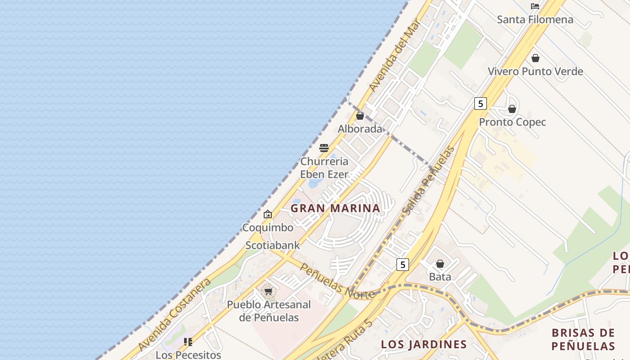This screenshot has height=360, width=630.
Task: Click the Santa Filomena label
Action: pyautogui.click(x=535, y=20)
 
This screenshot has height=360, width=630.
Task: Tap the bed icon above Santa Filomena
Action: pyautogui.click(x=535, y=6)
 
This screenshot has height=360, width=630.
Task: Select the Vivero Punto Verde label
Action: pyautogui.click(x=535, y=72)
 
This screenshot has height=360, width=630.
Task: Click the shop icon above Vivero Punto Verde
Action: pyautogui.click(x=535, y=58)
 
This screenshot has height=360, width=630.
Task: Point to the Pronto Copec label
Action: pyautogui.click(x=512, y=122)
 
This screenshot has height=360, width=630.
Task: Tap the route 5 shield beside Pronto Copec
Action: pyautogui.click(x=481, y=103)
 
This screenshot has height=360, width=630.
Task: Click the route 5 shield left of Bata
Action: pyautogui.click(x=403, y=265)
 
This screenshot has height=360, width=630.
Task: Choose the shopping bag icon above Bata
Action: pyautogui.click(x=440, y=264)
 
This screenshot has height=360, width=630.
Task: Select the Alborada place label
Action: pyautogui.click(x=360, y=129)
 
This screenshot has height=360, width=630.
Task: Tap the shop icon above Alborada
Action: pyautogui.click(x=360, y=116)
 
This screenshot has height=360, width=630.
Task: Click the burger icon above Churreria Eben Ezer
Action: pyautogui.click(x=324, y=148)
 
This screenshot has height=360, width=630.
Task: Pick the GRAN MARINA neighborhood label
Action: pyautogui.click(x=335, y=208)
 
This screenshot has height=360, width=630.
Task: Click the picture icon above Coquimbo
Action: pyautogui.click(x=268, y=214)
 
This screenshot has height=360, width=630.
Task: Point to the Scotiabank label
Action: pyautogui.click(x=273, y=246)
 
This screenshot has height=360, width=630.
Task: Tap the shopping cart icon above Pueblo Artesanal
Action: pyautogui.click(x=269, y=291)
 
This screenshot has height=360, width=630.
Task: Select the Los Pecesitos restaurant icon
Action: pyautogui.click(x=188, y=342)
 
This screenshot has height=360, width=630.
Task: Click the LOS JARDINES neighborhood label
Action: pyautogui.click(x=424, y=345)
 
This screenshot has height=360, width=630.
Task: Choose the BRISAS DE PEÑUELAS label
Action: pyautogui.click(x=583, y=339)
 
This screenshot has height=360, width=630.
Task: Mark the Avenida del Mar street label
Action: pyautogui.click(x=394, y=55)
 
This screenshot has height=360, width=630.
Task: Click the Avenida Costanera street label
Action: pyautogui.click(x=175, y=315)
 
